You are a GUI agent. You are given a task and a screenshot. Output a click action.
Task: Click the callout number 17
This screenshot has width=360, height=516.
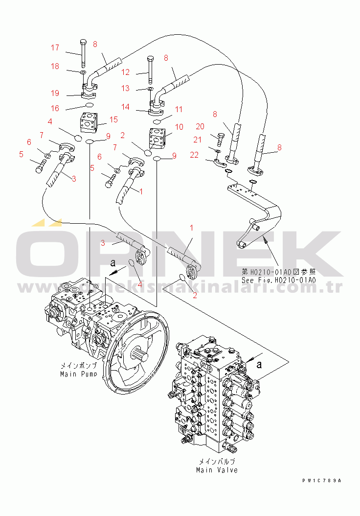click(55, 48)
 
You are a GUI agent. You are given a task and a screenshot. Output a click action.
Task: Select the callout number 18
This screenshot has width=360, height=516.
click(55, 67)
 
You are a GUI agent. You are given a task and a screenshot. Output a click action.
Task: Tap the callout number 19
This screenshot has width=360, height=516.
click(55, 93)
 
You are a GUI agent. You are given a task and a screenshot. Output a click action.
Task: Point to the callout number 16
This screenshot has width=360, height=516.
click(55, 108)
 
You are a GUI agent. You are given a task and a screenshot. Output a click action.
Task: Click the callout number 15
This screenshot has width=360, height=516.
click(113, 119)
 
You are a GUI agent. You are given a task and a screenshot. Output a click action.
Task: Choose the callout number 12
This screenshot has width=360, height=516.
click(126, 72)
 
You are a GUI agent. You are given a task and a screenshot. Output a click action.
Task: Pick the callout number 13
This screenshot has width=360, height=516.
click(126, 89)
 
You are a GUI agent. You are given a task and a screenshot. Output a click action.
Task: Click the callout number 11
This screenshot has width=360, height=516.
click(179, 110)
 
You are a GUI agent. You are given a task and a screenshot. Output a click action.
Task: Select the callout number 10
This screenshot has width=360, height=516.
click(179, 127)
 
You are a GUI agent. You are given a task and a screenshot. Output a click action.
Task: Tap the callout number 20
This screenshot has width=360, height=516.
click(200, 126)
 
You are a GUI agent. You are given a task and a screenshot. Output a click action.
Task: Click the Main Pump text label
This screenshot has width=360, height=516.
click(78, 370)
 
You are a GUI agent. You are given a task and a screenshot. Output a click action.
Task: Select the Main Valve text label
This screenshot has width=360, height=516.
click(217, 466)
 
